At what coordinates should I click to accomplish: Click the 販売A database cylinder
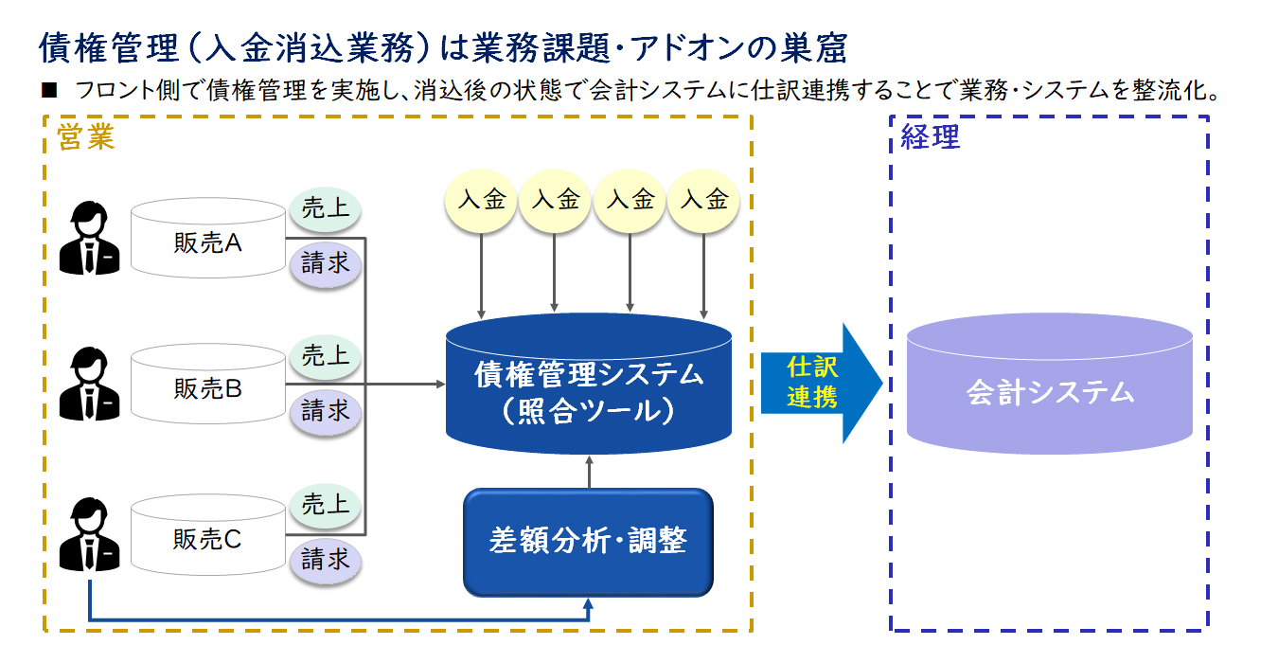click(207, 238)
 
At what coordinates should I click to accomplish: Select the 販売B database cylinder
click(207, 384)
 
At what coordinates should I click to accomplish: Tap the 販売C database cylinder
click(207, 534)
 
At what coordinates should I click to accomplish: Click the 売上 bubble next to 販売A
click(326, 208)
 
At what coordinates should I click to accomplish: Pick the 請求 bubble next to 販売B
click(326, 411)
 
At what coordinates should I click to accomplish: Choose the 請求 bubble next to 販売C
click(326, 560)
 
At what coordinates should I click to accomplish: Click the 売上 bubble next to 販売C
click(326, 505)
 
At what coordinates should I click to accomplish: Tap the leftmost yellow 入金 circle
click(481, 201)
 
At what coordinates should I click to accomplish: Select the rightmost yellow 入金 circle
click(703, 201)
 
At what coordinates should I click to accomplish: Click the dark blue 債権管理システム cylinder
click(589, 384)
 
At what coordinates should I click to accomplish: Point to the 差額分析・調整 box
click(588, 543)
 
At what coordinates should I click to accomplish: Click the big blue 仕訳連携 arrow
click(822, 384)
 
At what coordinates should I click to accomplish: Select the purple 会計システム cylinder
click(1050, 384)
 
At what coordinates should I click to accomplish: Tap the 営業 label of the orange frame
click(85, 137)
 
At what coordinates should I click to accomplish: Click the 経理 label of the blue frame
click(930, 137)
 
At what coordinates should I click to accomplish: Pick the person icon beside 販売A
click(90, 238)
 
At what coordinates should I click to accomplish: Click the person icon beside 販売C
click(90, 534)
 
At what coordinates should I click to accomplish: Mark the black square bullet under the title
click(49, 90)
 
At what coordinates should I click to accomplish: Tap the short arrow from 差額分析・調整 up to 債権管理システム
click(590, 472)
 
